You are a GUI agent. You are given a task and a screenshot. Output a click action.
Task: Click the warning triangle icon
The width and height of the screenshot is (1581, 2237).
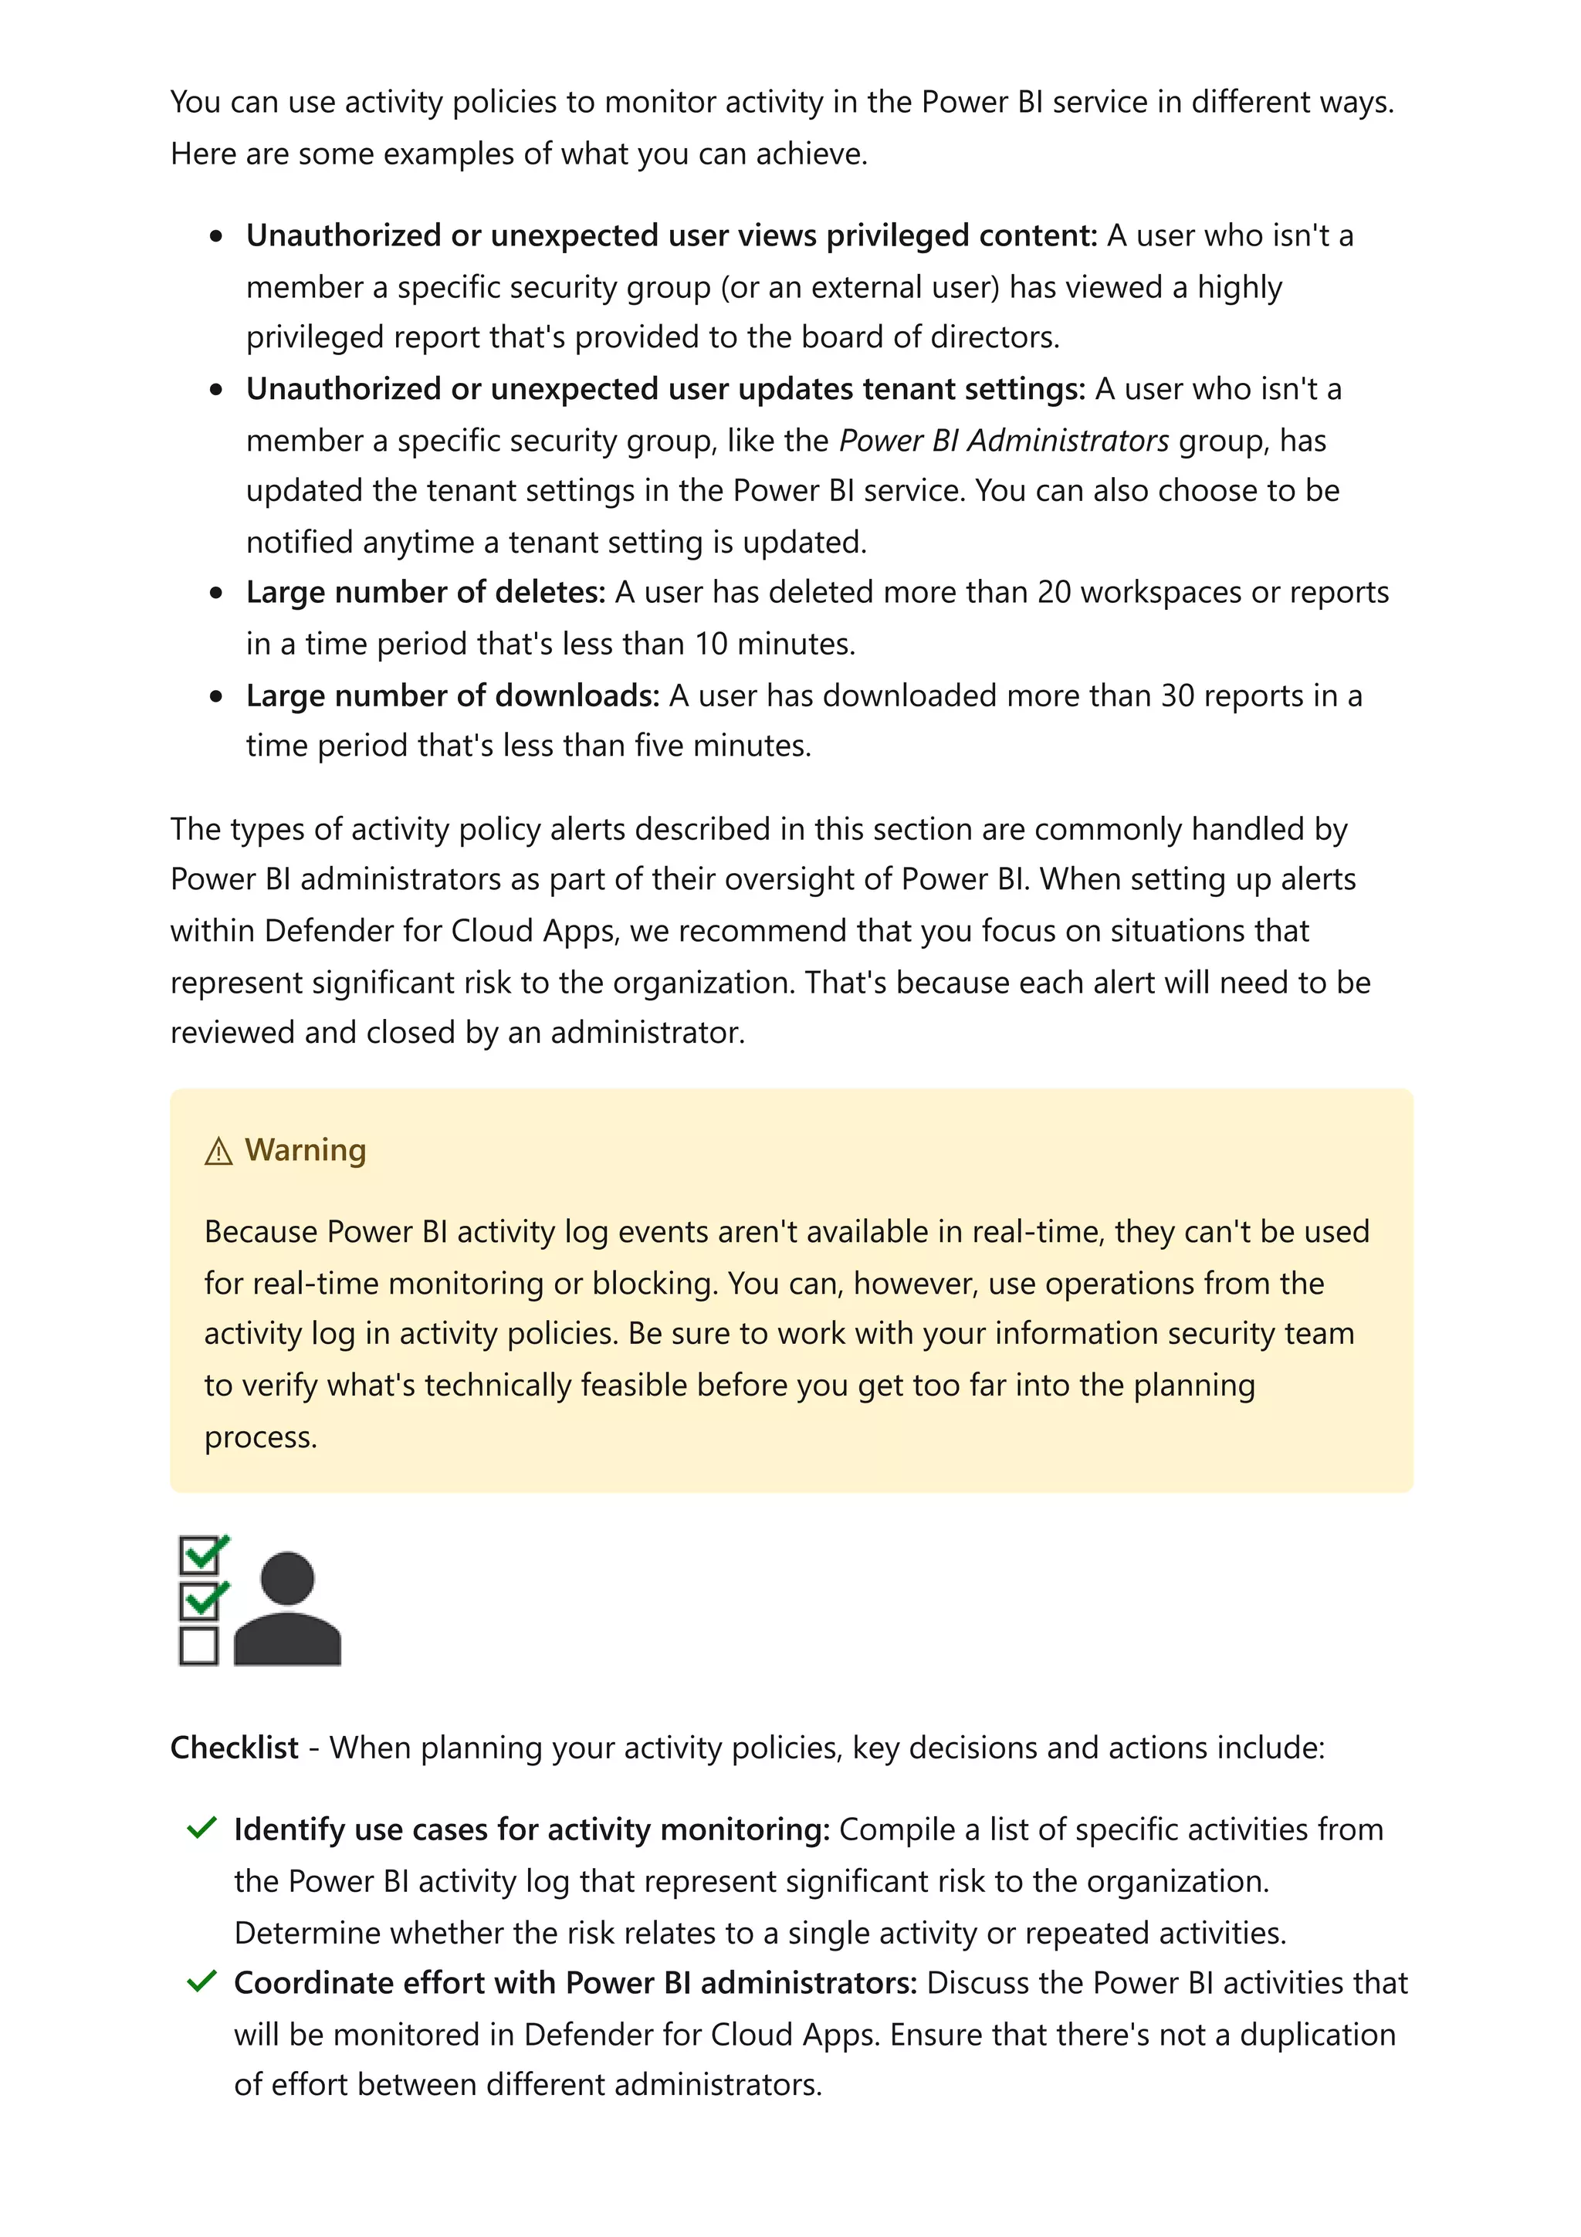218,1152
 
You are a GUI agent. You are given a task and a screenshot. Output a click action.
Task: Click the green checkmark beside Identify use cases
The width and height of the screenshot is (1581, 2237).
201,1828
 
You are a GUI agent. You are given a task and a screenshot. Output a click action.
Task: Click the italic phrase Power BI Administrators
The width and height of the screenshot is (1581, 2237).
1004,441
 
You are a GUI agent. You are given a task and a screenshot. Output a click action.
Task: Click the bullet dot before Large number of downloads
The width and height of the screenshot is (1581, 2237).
216,695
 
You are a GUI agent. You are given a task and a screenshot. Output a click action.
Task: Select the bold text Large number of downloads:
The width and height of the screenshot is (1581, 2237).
453,695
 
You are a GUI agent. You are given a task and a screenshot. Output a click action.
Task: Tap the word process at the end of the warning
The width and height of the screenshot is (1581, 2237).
260,1437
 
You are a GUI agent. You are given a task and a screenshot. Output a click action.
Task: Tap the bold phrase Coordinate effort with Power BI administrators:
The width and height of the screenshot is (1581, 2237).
574,1983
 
